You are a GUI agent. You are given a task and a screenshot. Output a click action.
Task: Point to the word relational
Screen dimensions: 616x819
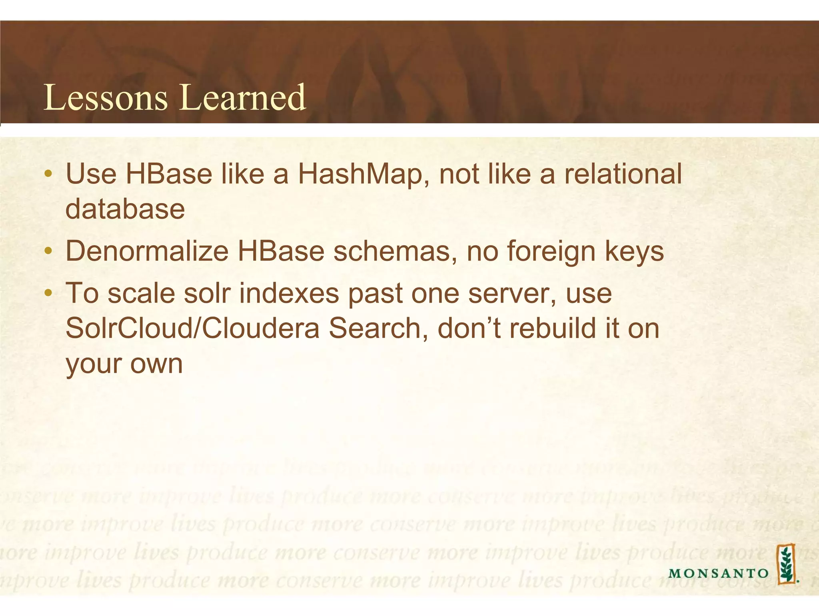pos(623,174)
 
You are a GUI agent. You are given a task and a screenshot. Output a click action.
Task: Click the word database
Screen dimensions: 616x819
pos(125,209)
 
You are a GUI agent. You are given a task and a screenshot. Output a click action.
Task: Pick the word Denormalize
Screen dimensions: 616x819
pos(147,251)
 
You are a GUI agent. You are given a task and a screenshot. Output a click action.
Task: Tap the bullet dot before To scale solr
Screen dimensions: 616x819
pos(48,293)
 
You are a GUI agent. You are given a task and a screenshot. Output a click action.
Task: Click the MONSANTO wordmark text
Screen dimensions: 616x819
pos(718,573)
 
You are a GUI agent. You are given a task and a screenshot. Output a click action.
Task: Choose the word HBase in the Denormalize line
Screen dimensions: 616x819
pos(281,251)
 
